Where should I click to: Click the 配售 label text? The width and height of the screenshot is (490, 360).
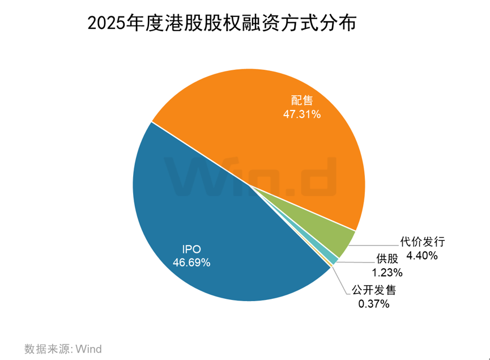tap(302, 100)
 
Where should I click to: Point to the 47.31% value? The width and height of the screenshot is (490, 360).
tap(302, 114)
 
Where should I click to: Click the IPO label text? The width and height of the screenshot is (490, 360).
tap(191, 249)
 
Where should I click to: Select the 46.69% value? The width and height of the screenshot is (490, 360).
tap(191, 263)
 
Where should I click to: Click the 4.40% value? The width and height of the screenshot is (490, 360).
tap(423, 256)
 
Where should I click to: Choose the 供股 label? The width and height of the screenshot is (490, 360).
tap(388, 259)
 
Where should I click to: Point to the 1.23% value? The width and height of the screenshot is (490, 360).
tap(388, 273)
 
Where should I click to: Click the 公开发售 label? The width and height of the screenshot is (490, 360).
tap(373, 290)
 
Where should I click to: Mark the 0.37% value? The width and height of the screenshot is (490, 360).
tap(373, 304)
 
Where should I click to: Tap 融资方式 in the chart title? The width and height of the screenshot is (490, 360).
tap(267, 23)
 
